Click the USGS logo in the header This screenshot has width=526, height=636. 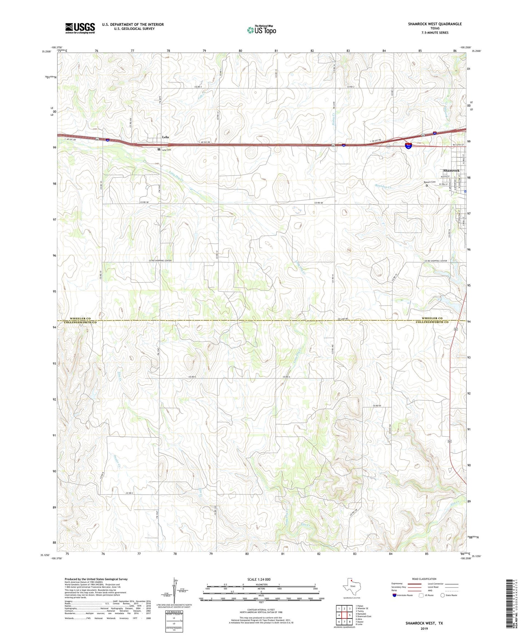[80, 28]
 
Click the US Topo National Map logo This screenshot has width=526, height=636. [261, 30]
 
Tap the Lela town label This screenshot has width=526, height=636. [165, 137]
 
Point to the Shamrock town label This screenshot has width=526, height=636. [451, 170]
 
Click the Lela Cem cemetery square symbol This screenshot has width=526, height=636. [159, 149]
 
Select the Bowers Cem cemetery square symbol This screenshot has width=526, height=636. [427, 185]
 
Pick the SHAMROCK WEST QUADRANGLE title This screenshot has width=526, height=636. [435, 24]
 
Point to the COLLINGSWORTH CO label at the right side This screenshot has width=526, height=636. [432, 322]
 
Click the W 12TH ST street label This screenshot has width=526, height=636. [458, 145]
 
